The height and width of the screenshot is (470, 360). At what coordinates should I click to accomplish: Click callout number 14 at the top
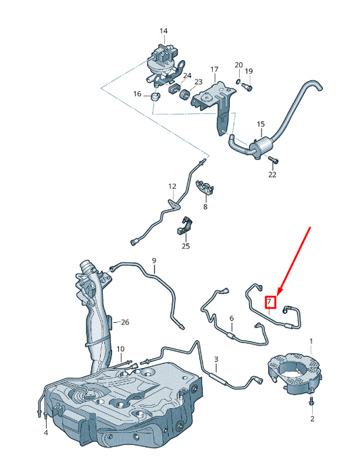point(163,31)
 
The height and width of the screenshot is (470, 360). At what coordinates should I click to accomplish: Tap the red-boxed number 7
point(269,302)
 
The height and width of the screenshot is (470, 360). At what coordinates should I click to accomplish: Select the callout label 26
point(125,322)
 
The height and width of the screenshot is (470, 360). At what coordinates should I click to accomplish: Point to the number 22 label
point(272,174)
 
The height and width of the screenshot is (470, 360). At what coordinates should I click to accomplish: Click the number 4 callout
point(45,433)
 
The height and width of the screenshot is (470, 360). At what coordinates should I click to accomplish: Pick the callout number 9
point(154,261)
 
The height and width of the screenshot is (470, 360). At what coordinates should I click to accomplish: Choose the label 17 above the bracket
point(214,70)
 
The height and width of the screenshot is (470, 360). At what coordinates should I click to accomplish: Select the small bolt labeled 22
point(274,159)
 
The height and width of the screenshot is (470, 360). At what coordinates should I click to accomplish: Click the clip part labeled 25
point(184,225)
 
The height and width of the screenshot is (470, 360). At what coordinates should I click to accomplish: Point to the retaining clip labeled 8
point(205,187)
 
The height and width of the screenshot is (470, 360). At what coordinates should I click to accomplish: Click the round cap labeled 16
point(155,97)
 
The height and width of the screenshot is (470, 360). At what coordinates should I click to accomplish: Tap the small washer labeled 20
point(237,81)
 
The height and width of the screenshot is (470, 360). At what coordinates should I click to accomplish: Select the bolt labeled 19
point(248,86)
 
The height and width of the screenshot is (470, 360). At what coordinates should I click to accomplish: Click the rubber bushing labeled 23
point(184,95)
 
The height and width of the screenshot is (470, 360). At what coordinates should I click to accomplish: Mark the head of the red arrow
point(279,294)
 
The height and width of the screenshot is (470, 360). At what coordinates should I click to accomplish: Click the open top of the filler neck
point(86,265)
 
